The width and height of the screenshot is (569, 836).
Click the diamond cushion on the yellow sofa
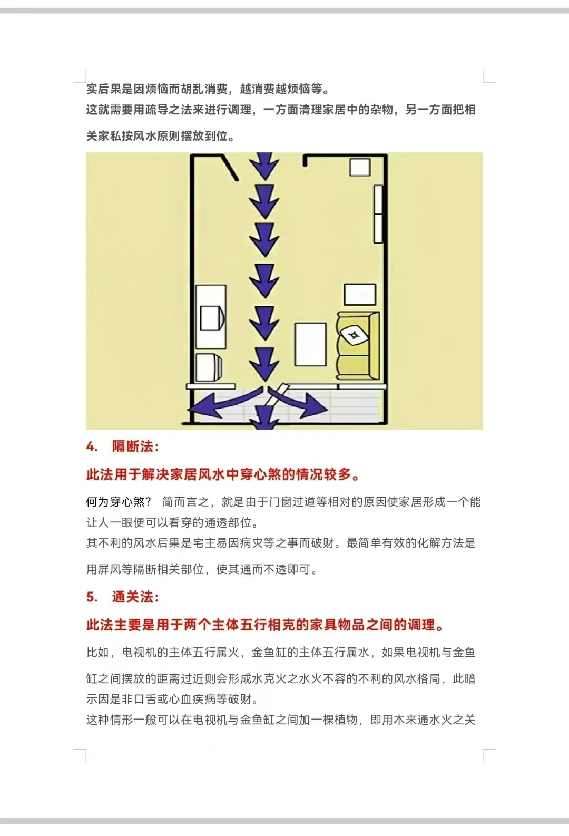pyautogui.click(x=352, y=334)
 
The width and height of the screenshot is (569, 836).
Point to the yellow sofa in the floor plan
pyautogui.click(x=357, y=345)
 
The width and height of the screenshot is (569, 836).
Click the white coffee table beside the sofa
pyautogui.click(x=310, y=344)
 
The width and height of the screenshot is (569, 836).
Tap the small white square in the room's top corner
pyautogui.click(x=360, y=167)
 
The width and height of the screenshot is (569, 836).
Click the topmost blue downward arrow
pyautogui.click(x=264, y=166)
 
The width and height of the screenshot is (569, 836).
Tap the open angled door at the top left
pyautogui.click(x=230, y=168)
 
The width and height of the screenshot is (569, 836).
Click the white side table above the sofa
pyautogui.click(x=360, y=295)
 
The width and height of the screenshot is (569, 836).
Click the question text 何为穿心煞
pyautogui.click(x=115, y=502)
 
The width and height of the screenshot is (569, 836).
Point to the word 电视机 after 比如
pyautogui.click(x=140, y=653)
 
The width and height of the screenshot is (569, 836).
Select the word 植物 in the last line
pyautogui.click(x=346, y=720)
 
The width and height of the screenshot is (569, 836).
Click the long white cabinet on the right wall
pyautogui.click(x=378, y=214)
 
